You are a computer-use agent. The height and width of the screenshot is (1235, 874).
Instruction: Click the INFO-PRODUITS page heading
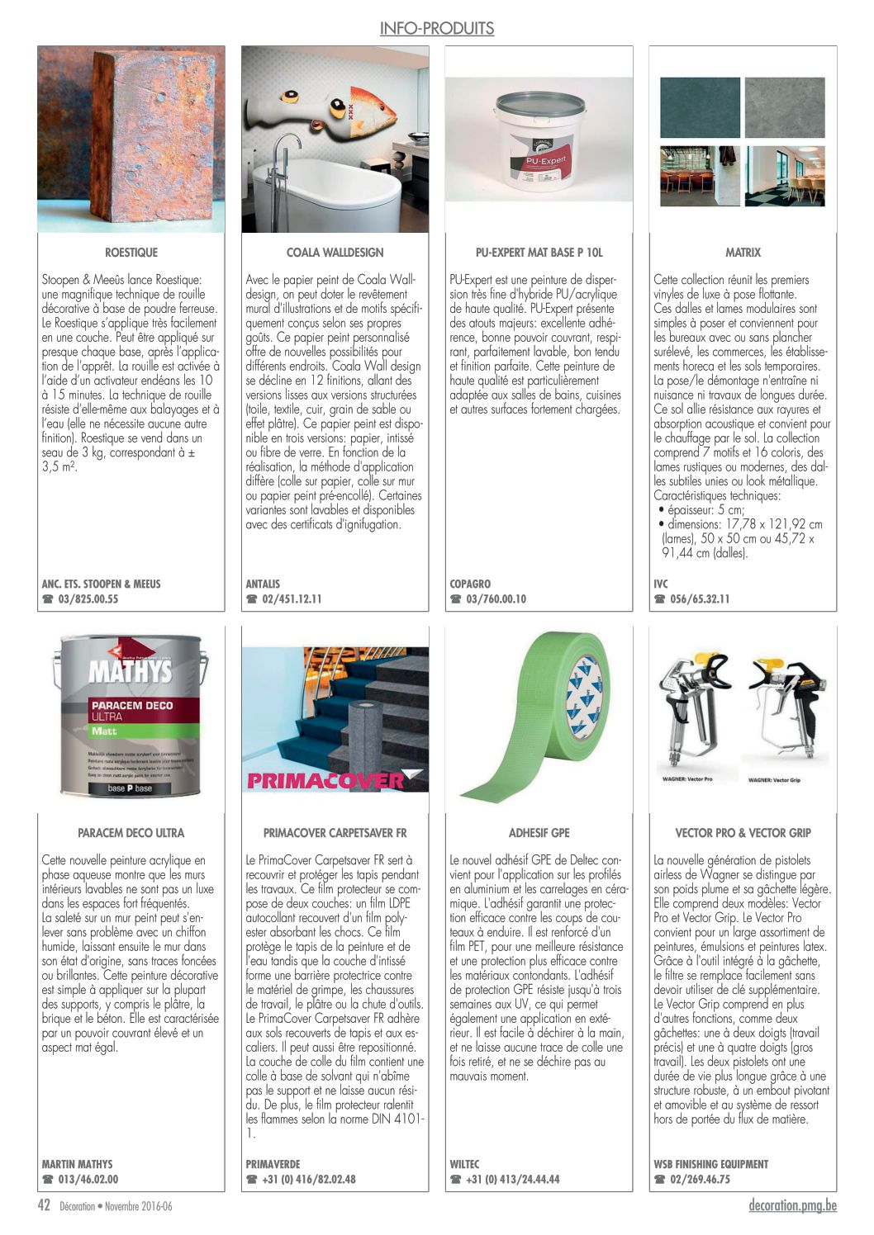436,29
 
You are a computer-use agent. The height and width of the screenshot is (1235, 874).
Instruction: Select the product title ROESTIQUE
131,253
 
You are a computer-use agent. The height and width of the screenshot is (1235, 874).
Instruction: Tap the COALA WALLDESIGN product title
335,253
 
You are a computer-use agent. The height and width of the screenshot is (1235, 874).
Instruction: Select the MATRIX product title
743,253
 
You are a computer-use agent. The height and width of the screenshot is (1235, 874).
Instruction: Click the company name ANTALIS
263,584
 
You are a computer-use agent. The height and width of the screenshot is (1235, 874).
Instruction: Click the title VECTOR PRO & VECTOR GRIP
743,833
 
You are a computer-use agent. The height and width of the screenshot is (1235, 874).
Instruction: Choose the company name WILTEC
464,1164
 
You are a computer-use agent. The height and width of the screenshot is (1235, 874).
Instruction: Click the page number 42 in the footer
45,1206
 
